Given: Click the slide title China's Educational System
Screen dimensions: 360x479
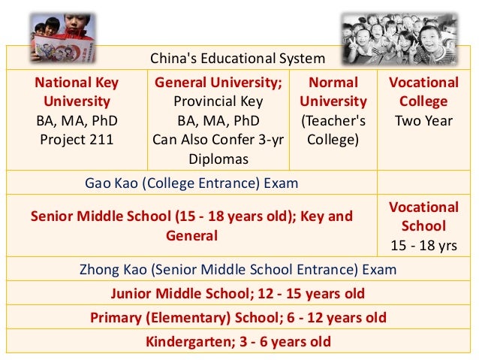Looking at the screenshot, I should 238,58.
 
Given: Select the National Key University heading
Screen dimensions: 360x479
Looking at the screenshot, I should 76,92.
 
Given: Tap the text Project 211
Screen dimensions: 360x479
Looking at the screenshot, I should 76,138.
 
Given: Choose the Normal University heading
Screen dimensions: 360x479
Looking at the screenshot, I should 333,92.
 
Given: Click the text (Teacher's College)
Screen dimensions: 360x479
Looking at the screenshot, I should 333,129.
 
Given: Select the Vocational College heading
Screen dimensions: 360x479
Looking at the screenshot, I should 423,92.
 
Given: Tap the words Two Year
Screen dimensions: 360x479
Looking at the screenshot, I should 423,119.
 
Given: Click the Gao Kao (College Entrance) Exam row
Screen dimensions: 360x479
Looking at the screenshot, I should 192,183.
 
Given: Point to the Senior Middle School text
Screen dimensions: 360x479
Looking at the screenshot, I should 191,225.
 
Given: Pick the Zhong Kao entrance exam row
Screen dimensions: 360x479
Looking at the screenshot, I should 238,269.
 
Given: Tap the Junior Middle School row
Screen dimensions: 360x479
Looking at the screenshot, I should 238,293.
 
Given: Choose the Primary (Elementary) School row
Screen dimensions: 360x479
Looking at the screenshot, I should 238,317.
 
